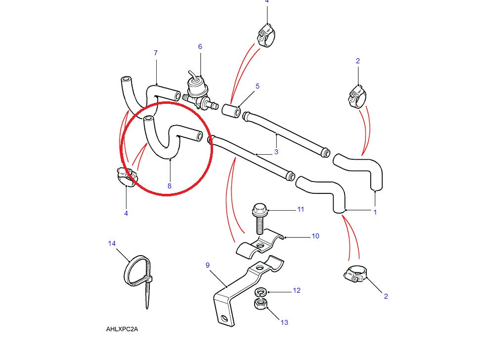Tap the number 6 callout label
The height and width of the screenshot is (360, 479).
point(200,47)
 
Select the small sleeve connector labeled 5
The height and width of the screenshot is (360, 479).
point(231,111)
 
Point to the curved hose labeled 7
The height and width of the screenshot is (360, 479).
point(148,94)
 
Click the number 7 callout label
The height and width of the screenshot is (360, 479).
point(156,53)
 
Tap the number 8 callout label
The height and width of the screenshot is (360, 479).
point(170,186)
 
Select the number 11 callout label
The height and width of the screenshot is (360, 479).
point(301,210)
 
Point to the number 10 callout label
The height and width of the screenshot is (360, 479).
point(315,236)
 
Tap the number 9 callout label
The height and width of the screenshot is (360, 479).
point(208,266)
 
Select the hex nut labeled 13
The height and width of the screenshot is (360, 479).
point(260,303)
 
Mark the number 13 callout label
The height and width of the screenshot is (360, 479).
point(284,323)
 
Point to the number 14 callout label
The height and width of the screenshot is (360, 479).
point(112,243)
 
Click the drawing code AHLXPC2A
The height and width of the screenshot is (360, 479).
point(122,329)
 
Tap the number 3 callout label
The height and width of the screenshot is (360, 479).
point(276,152)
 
